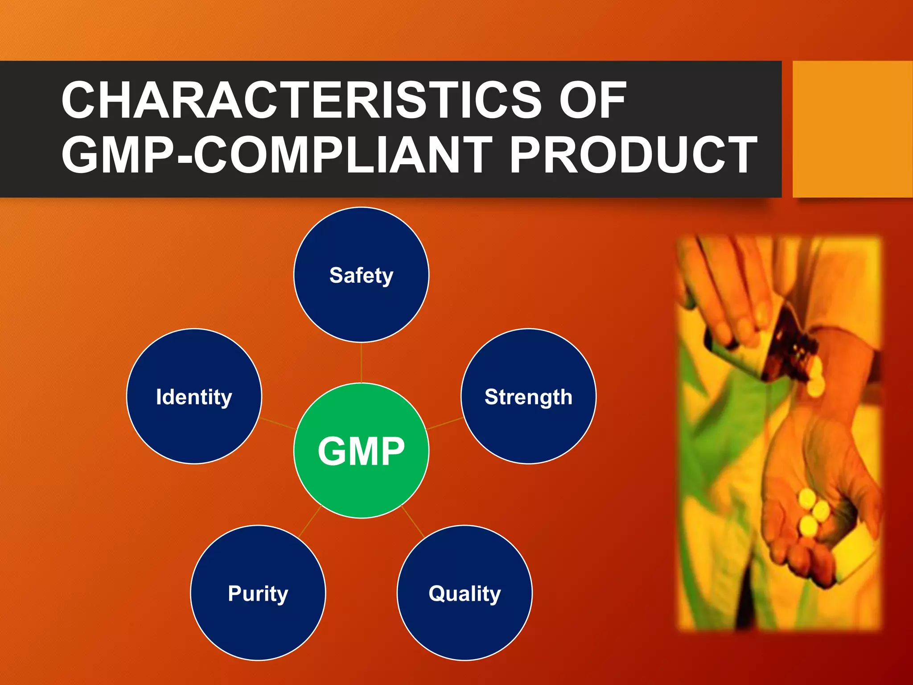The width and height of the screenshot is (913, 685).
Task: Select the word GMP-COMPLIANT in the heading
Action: coord(276,155)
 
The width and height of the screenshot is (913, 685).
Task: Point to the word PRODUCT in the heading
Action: coord(633,155)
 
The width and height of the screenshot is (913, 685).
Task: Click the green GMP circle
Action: coord(361,450)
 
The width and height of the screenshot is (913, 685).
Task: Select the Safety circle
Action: coord(361,275)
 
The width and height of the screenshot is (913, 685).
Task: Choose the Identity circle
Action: coord(194,396)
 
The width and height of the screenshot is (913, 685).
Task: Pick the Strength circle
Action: coord(528,396)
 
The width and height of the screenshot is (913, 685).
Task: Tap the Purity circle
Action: coord(258,593)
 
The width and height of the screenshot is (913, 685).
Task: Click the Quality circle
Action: coord(465,593)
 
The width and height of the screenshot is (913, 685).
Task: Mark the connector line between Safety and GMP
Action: coord(361,363)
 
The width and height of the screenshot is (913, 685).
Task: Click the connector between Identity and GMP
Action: coord(278,424)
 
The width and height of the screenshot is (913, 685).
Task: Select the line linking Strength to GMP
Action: coord(444,424)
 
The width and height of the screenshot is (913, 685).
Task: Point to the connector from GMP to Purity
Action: coord(310,522)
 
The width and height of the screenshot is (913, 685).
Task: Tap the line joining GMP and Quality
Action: coord(413,522)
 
